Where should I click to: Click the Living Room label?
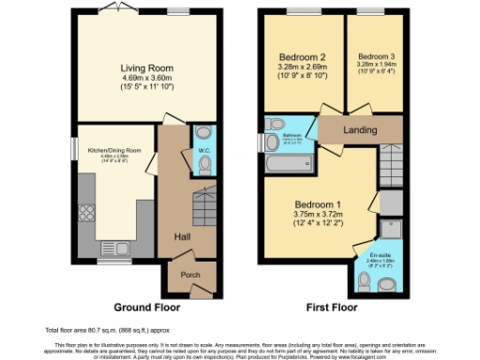[146, 67]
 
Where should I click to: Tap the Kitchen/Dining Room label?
[114, 150]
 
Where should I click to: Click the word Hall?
[182, 237]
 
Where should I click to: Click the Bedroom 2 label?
[302, 56]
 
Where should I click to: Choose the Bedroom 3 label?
[377, 56]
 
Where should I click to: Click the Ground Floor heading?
[145, 307]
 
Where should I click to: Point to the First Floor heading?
[330, 307]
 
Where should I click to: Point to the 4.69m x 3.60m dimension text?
[146, 78]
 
